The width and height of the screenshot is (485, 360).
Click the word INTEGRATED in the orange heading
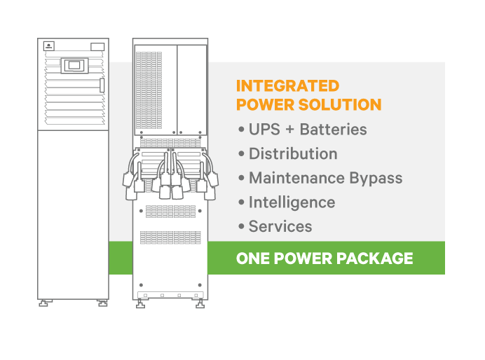click(287, 86)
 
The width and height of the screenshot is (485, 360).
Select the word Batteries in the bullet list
click(333, 130)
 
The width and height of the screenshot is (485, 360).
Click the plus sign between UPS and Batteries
click(288, 130)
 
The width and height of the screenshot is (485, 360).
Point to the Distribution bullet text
click(293, 154)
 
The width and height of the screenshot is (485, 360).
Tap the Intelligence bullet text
click(292, 202)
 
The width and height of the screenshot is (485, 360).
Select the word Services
click(280, 226)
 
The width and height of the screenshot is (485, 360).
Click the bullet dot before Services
click(241, 226)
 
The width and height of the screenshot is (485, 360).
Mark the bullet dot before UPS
click(241, 130)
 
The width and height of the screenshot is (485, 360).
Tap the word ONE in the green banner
click(252, 258)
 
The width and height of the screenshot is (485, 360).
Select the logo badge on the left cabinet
click(49, 46)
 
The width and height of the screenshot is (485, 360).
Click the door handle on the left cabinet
click(102, 85)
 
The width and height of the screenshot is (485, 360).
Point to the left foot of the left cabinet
click(45, 303)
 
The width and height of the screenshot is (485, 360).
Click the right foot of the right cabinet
click(200, 304)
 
